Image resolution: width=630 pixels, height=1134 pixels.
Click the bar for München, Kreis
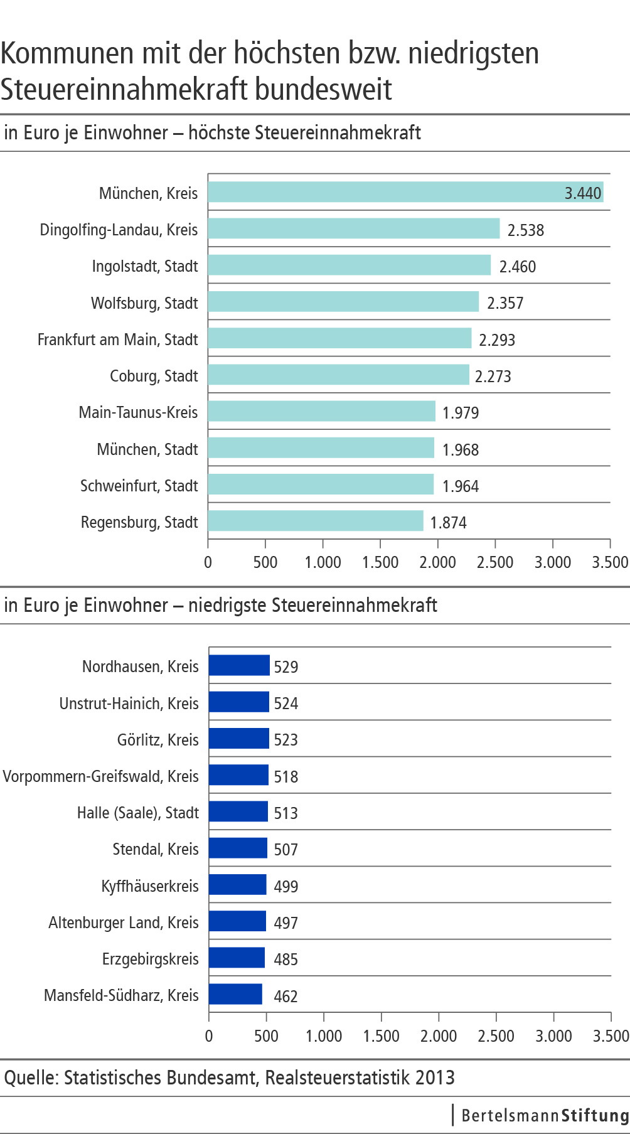(x=405, y=192)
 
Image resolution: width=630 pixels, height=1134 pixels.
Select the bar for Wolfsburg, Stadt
(x=343, y=302)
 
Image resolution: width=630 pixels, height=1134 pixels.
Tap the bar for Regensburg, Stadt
(x=316, y=521)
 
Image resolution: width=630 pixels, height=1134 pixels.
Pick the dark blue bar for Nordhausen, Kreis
(x=239, y=665)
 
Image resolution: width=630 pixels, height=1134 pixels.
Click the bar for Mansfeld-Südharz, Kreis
(x=235, y=994)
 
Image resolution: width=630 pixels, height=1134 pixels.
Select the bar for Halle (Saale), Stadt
(x=238, y=811)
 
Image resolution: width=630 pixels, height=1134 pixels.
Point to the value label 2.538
(x=525, y=230)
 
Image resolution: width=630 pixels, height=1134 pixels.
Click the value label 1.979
(x=460, y=413)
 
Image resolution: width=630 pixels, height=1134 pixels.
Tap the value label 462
(x=286, y=996)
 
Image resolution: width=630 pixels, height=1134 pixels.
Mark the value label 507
(x=286, y=850)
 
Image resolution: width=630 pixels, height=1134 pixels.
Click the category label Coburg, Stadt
(x=154, y=376)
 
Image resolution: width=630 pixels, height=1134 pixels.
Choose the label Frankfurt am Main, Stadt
(x=117, y=340)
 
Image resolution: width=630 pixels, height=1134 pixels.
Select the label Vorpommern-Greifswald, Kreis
(x=100, y=776)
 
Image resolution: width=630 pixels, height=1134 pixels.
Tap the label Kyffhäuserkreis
(x=150, y=886)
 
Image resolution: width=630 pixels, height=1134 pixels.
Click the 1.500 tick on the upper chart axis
(x=380, y=562)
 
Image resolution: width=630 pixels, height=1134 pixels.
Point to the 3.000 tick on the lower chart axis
(x=553, y=1035)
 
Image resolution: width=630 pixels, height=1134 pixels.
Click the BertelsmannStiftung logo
(x=543, y=1115)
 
